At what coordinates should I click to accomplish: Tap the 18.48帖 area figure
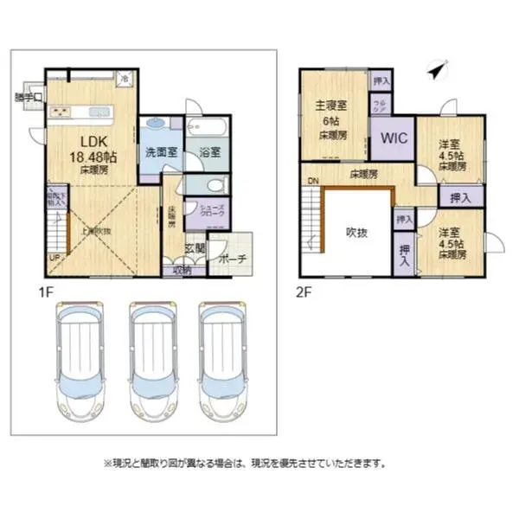coord(93,157)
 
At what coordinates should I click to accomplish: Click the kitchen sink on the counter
coord(63,111)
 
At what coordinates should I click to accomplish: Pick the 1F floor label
coord(45,292)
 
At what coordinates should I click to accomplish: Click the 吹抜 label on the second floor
coord(356,232)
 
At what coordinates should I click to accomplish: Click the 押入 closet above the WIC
coord(381,80)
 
